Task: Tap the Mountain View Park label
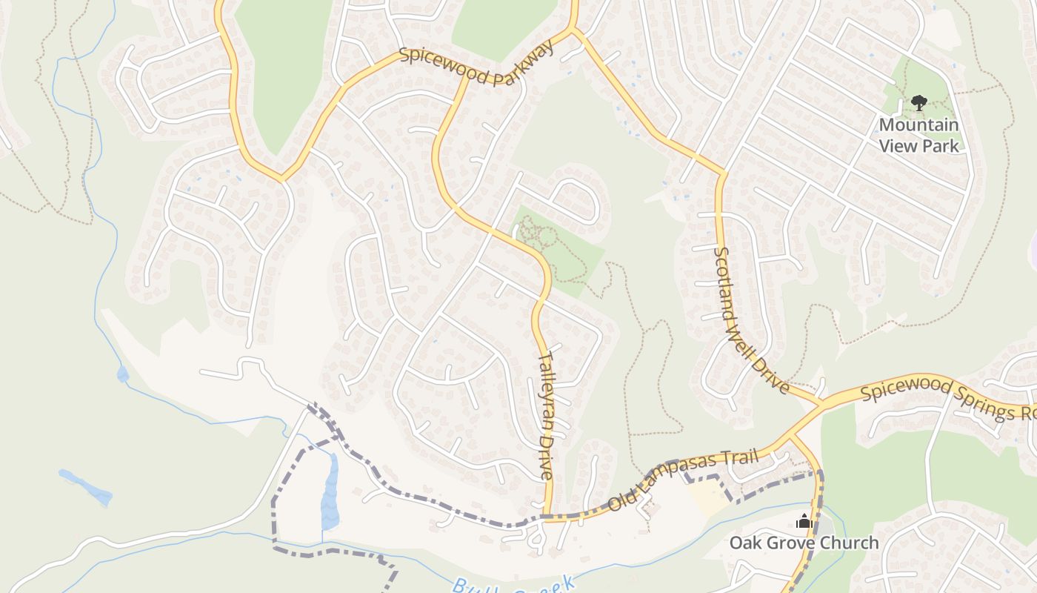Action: [918, 135]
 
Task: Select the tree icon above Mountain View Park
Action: [918, 102]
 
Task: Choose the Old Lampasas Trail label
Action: [683, 480]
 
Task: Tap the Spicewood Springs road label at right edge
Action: [948, 400]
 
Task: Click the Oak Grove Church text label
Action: [804, 543]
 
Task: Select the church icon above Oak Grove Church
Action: [804, 522]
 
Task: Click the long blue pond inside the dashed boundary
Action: [330, 493]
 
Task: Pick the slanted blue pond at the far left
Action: [85, 486]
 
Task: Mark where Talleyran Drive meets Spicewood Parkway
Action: [465, 74]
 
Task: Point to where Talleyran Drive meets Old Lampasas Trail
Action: [549, 517]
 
